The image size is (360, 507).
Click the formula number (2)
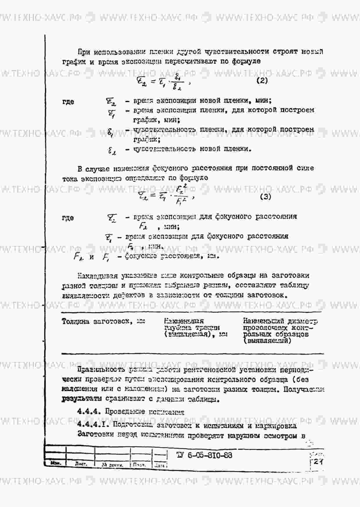(x=262, y=81)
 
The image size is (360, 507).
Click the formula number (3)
(x=265, y=197)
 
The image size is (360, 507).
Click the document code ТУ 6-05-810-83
(x=204, y=455)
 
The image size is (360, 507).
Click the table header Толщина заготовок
(x=103, y=321)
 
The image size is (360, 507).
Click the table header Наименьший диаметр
(x=280, y=321)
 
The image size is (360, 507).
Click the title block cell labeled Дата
(x=160, y=465)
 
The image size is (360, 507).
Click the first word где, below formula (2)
(x=68, y=102)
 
